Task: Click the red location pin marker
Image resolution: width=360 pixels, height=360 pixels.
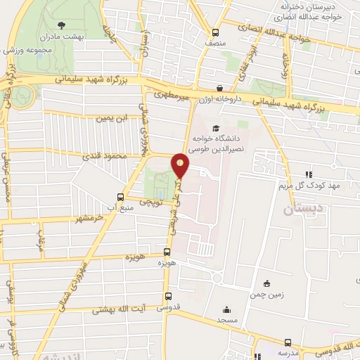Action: [181, 165]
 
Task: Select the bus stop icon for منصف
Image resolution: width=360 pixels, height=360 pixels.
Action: [216, 32]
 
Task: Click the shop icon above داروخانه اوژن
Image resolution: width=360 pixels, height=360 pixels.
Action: [221, 89]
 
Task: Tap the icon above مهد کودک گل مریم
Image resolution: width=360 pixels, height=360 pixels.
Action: [307, 174]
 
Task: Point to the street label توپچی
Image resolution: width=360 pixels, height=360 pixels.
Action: [150, 202]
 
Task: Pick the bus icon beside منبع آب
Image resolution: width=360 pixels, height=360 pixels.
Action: [120, 198]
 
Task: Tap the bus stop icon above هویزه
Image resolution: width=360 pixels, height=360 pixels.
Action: [167, 252]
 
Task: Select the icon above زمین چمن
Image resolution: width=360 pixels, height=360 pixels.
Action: [266, 283]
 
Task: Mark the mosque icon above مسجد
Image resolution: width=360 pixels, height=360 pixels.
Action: [226, 309]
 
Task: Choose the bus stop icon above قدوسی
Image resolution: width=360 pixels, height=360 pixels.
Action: [167, 297]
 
